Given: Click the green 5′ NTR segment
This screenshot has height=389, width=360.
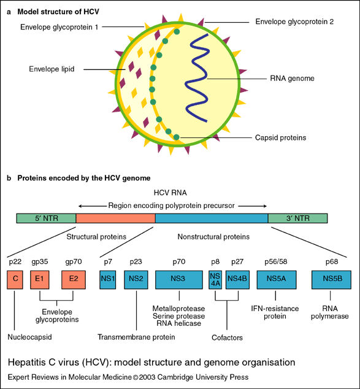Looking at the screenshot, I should [45, 218].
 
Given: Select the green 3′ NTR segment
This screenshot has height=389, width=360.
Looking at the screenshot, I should [297, 218].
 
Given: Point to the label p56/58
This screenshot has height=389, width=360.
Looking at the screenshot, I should [278, 261].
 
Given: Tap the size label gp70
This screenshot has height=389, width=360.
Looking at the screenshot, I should [74, 261].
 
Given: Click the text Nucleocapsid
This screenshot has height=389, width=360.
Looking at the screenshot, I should [29, 336].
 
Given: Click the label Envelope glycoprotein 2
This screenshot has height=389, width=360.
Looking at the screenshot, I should [294, 21].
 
